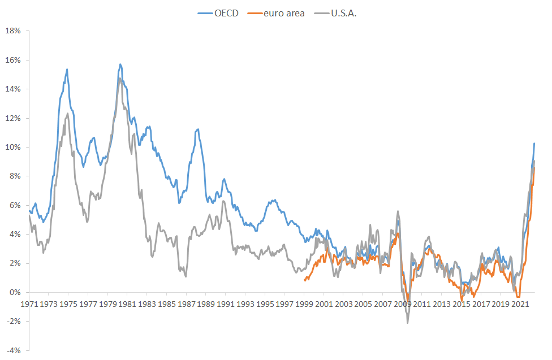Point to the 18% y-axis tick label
[x=13, y=31]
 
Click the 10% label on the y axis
[x=13, y=147]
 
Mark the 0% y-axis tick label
[x=15, y=292]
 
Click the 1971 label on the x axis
[x=29, y=304]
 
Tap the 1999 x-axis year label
[x=304, y=304]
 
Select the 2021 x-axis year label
[x=521, y=304]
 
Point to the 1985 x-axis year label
[x=166, y=304]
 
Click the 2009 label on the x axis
[x=403, y=304]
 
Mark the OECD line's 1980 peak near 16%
[x=120, y=64]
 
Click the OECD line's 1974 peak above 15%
[x=67, y=70]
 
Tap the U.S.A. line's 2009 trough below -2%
[x=407, y=323]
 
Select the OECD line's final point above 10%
[x=534, y=143]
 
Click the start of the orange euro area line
[x=305, y=280]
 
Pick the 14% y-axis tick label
[x=13, y=89]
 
